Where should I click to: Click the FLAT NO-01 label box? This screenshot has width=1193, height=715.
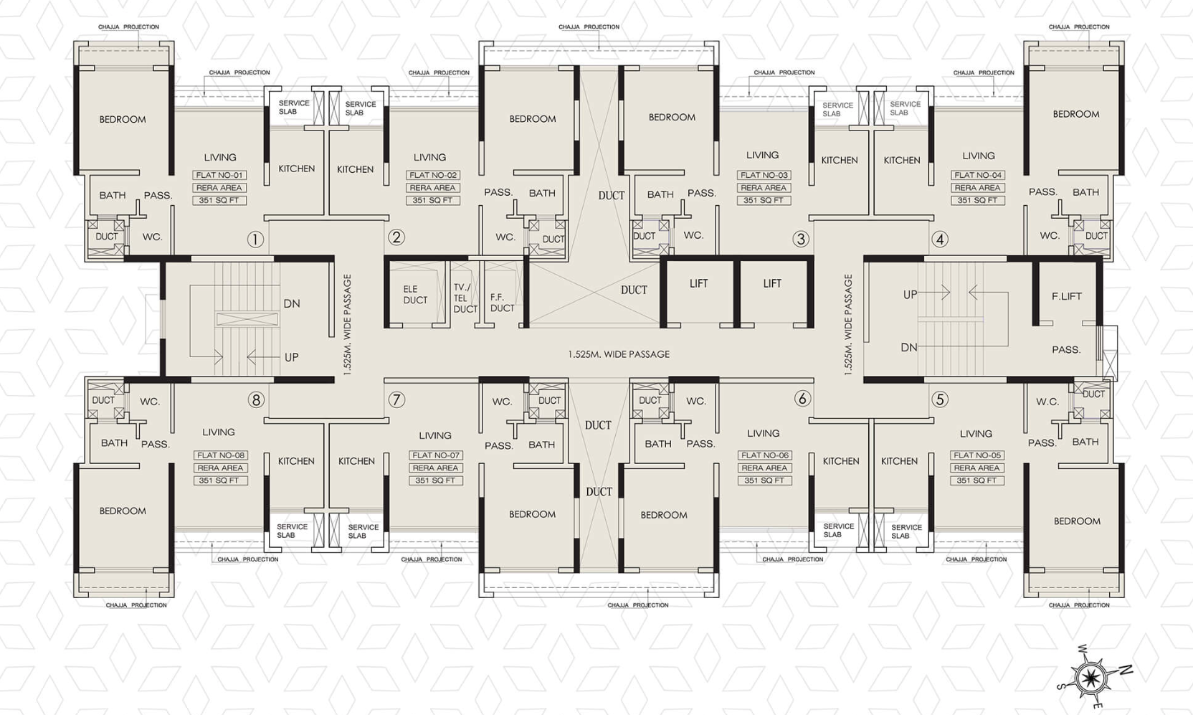(219, 175)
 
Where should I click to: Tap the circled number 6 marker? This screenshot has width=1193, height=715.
(802, 399)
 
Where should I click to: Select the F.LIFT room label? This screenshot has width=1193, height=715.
(1066, 296)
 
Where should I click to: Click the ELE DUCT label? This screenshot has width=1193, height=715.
(415, 295)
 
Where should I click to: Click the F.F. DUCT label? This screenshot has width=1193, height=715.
(502, 303)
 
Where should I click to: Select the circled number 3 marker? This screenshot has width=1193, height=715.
(801, 239)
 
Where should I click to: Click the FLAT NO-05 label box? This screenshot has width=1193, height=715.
(976, 455)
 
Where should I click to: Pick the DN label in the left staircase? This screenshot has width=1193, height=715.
(291, 303)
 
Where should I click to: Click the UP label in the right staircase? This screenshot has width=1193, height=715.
(910, 294)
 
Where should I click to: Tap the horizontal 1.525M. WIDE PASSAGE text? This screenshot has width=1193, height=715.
(618, 354)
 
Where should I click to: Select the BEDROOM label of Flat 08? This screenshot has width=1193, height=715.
(122, 511)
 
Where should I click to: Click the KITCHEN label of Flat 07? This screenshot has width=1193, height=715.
(356, 461)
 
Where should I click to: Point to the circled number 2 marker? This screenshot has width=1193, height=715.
(396, 237)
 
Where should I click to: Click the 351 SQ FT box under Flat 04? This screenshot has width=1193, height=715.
(977, 201)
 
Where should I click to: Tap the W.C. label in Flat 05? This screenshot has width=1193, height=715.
(1047, 402)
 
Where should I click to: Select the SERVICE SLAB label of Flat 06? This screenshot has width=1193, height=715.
(838, 530)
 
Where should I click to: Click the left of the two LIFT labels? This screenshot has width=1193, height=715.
(698, 284)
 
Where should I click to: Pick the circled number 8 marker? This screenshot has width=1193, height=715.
(256, 399)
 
